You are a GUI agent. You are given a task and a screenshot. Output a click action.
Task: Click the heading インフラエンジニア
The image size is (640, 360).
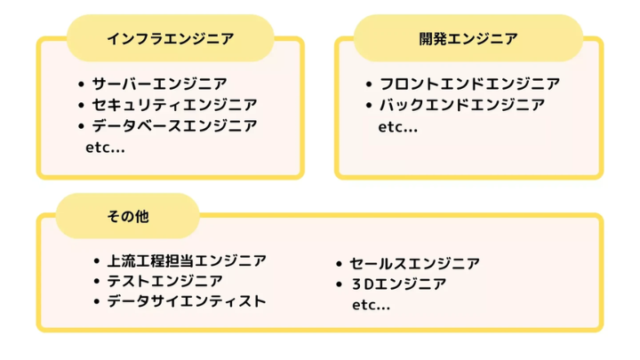pyautogui.click(x=171, y=38)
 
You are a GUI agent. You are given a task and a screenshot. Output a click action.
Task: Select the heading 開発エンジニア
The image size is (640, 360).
pyautogui.click(x=468, y=38)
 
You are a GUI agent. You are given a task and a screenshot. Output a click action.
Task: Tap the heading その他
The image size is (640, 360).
pyautogui.click(x=127, y=217)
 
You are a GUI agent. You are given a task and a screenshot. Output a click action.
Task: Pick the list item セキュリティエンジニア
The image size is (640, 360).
pyautogui.click(x=174, y=106)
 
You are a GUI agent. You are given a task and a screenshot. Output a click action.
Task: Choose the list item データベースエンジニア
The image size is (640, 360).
pyautogui.click(x=174, y=126)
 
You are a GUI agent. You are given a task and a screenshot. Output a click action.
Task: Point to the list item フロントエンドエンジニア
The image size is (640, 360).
pyautogui.click(x=469, y=84)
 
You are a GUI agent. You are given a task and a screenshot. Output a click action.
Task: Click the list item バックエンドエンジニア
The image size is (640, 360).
pyautogui.click(x=462, y=106)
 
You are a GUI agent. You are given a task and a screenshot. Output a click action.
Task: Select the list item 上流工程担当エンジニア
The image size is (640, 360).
pyautogui.click(x=187, y=260)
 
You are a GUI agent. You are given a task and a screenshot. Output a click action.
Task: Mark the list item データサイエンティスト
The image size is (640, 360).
pyautogui.click(x=187, y=301)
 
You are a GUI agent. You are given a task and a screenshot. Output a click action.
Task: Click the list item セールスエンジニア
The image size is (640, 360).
pyautogui.click(x=414, y=264)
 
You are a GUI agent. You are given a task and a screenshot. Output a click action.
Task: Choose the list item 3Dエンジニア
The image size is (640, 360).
pyautogui.click(x=397, y=284)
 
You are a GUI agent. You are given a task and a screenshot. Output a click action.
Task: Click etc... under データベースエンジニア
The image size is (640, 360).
pyautogui.click(x=105, y=148)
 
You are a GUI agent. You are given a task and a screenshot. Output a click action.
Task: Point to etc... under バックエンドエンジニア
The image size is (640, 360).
pyautogui.click(x=398, y=127)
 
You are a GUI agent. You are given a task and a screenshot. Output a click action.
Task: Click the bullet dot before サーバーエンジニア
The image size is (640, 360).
pyautogui.click(x=81, y=85)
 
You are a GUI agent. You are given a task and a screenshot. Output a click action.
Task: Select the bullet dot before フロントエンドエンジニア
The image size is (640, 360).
pyautogui.click(x=369, y=85)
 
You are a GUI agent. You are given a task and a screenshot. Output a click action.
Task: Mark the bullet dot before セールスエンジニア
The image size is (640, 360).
pyautogui.click(x=340, y=265)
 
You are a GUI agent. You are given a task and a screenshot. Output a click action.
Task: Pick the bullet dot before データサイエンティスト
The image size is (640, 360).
pyautogui.click(x=97, y=302)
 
